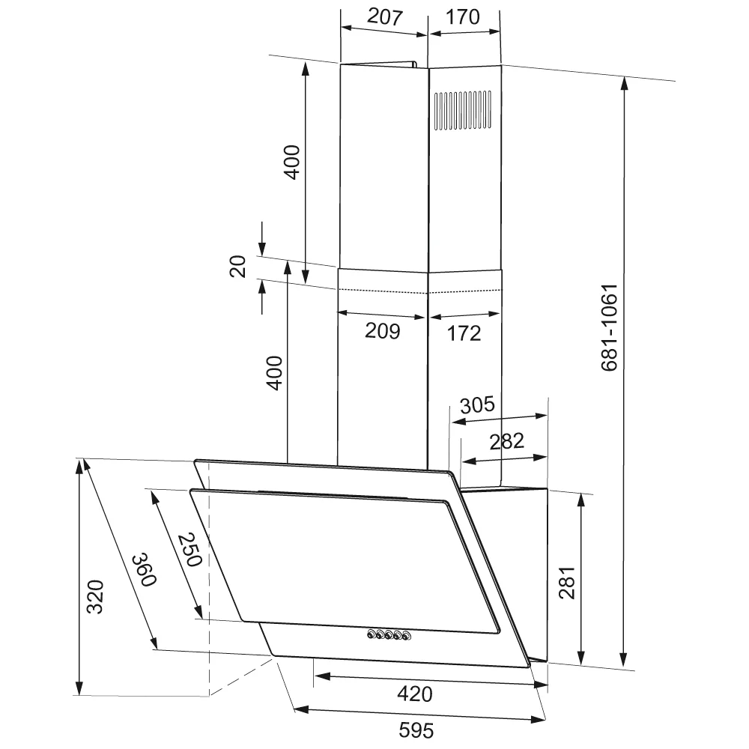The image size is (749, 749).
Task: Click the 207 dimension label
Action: pyautogui.click(x=384, y=16)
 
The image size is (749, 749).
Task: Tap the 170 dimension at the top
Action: pyautogui.click(x=462, y=16)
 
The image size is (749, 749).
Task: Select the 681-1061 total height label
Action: pyautogui.click(x=610, y=328)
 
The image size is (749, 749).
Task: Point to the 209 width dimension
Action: pyautogui.click(x=382, y=330)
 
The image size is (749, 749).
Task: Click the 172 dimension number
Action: pyautogui.click(x=464, y=333)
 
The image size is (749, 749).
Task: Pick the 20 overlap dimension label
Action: pyautogui.click(x=238, y=267)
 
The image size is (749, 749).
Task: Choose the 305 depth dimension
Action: pyautogui.click(x=477, y=405)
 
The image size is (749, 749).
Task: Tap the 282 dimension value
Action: pyautogui.click(x=507, y=441)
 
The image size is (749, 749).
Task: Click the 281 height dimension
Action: pyautogui.click(x=567, y=583)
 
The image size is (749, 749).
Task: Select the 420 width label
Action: pyautogui.click(x=415, y=694)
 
